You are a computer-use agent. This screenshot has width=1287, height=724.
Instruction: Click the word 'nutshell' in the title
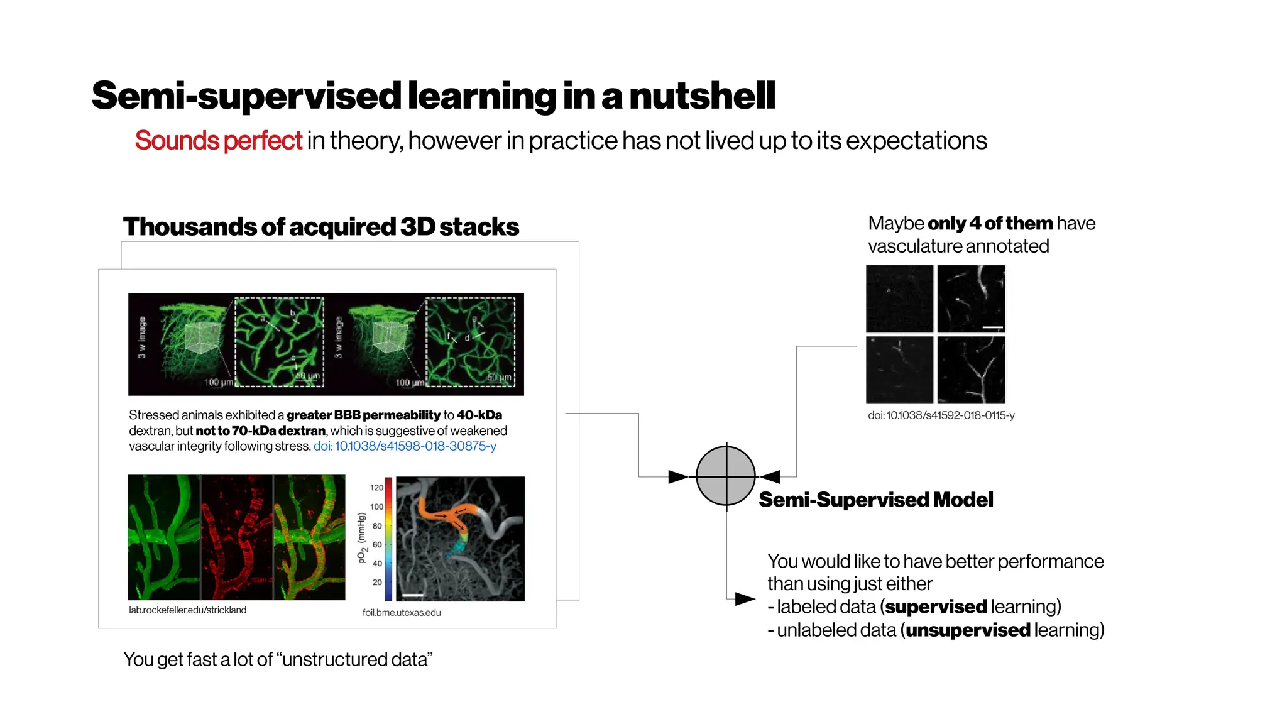pos(702,96)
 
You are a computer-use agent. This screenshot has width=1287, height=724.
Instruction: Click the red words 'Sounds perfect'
pos(218,141)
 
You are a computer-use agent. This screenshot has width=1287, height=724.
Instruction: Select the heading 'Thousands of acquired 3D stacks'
pos(320,227)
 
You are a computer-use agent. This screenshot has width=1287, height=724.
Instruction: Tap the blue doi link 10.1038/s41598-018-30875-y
pos(405,446)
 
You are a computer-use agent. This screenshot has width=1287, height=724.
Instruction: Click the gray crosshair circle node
pos(726,476)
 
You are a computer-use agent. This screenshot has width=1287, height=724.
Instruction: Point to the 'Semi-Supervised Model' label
pos(875,500)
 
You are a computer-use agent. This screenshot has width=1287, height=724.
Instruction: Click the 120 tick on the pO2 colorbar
pos(376,488)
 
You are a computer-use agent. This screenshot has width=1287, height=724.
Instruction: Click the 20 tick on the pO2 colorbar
pos(377,583)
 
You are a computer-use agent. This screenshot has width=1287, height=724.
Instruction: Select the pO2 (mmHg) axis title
pos(361,538)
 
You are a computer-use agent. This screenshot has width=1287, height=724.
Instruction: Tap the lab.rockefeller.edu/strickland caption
pos(187,610)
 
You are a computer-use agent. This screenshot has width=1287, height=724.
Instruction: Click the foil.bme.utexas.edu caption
pos(402,613)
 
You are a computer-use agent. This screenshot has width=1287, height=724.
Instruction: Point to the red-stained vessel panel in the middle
pos(237,537)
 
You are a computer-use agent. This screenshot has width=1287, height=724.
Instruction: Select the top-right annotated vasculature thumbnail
pos(971,299)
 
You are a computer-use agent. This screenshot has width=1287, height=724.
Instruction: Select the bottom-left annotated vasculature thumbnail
pos(899,370)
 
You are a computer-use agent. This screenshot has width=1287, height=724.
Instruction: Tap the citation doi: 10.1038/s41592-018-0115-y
pos(941,415)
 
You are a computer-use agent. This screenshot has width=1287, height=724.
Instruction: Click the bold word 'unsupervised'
pos(968,630)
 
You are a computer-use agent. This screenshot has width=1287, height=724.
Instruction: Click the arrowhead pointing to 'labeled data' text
pos(745,599)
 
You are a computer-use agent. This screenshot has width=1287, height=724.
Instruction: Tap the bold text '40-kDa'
pos(479,415)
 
